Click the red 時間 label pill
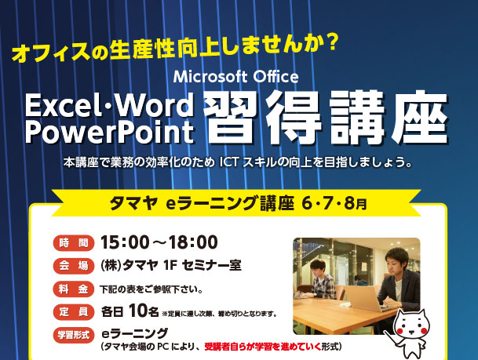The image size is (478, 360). tap(74, 243)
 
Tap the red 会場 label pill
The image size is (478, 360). tap(74, 266)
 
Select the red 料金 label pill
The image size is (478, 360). tap(74, 289)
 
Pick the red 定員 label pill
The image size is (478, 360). tap(74, 312)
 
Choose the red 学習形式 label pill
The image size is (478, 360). tap(74, 335)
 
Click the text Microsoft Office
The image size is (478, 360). tap(235, 77)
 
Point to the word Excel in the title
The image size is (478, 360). tap(61, 105)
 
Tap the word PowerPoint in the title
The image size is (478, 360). tap(110, 132)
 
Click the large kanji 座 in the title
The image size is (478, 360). tap(421, 118)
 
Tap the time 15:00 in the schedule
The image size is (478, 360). tap(124, 242)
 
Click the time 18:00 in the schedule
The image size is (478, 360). tap(193, 242)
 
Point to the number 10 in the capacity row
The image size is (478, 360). tap(138, 311)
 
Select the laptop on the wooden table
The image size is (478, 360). tap(363, 299)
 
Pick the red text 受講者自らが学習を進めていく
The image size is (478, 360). tap(263, 347)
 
